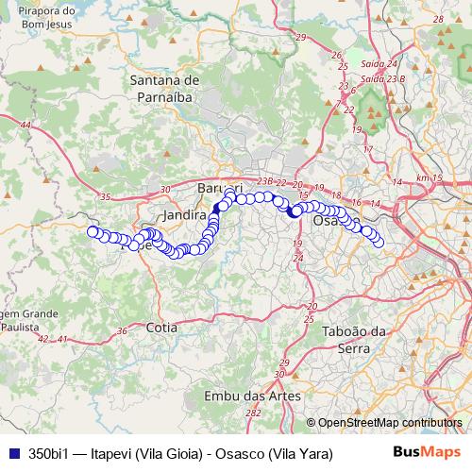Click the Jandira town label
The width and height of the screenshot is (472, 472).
click(x=184, y=215)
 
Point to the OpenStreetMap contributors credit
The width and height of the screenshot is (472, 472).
click(x=390, y=423)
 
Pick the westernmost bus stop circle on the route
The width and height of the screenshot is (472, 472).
click(x=92, y=231)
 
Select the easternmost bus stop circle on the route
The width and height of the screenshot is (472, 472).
click(x=379, y=243)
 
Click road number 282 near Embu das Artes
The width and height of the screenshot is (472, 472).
click(x=252, y=413)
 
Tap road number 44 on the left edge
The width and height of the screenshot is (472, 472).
click(x=24, y=125)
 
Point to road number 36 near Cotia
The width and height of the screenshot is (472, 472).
click(x=122, y=330)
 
